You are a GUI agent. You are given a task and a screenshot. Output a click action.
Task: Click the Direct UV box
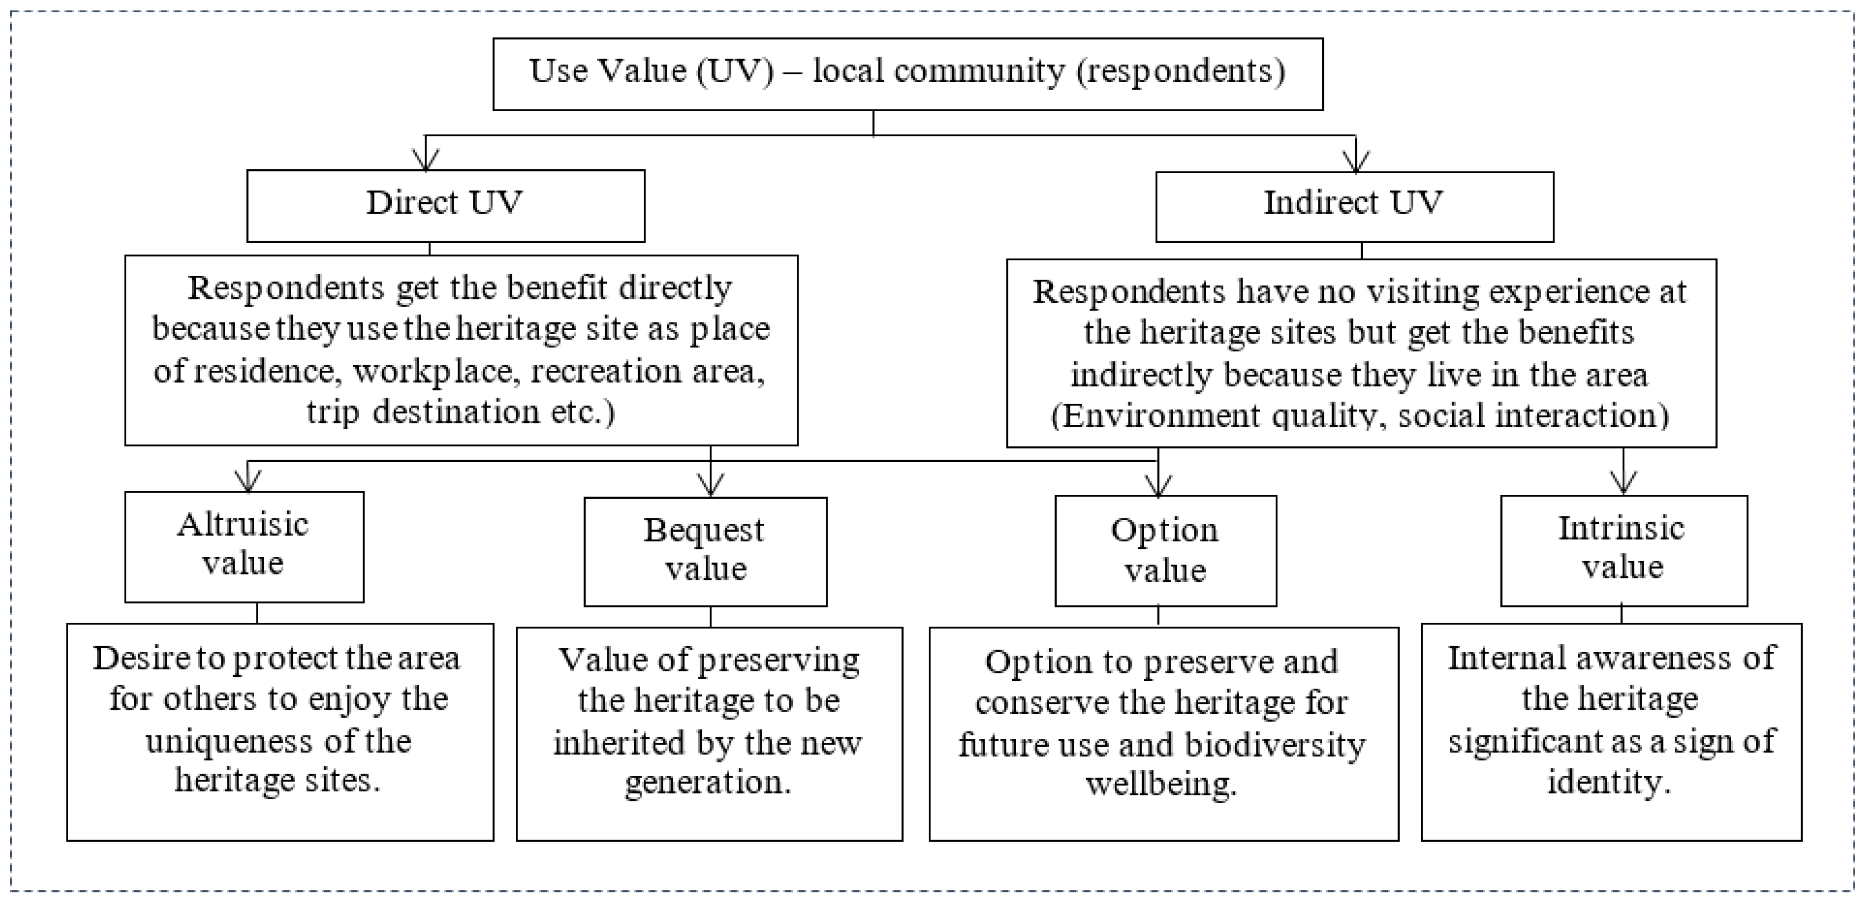[x=445, y=206]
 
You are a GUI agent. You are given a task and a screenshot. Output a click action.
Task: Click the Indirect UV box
[x=1354, y=206]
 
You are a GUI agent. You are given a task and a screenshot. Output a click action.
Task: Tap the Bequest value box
[x=705, y=551]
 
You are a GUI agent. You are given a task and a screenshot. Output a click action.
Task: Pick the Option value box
[x=1165, y=551]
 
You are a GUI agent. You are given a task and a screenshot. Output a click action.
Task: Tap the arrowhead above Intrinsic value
[x=1624, y=483]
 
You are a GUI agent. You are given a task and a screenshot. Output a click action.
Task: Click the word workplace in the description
[x=433, y=371]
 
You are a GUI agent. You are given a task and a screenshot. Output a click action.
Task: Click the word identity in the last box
[x=1608, y=782]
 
